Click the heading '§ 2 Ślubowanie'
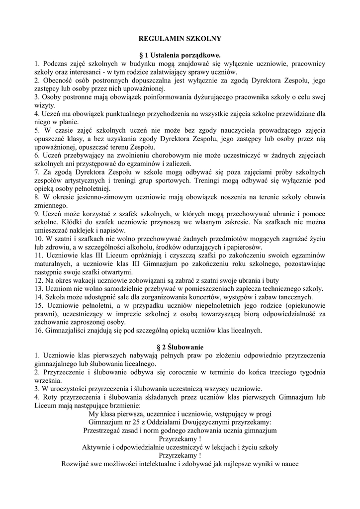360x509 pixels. point(180,346)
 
